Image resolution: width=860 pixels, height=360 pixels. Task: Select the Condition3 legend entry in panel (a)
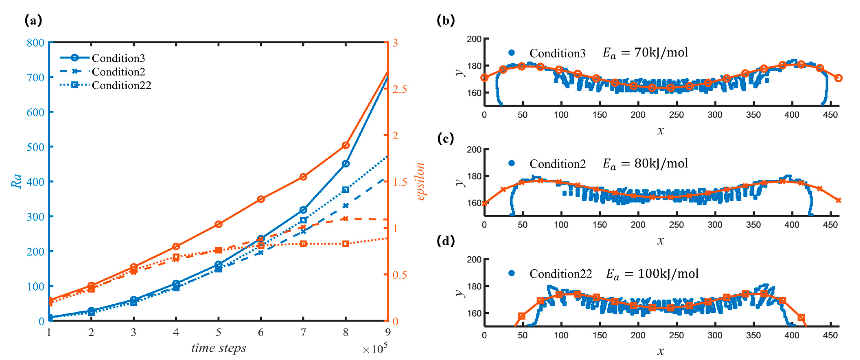(x=118, y=58)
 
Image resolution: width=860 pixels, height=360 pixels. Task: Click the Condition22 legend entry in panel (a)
(x=121, y=86)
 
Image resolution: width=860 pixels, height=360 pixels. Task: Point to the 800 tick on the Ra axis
(x=35, y=43)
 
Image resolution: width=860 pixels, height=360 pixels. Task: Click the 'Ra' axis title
(x=17, y=181)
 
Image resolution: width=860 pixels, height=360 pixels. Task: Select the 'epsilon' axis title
(x=420, y=181)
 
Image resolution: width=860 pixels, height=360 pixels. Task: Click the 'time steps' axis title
(x=219, y=348)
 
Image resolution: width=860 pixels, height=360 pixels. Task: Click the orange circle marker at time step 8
(x=346, y=145)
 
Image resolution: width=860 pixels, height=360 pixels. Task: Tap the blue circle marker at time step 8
(x=346, y=164)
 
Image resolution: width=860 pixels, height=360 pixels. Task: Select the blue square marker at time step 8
(x=346, y=190)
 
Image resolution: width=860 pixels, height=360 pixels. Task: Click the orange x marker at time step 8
(x=346, y=219)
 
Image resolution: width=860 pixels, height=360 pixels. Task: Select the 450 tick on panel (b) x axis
(x=830, y=115)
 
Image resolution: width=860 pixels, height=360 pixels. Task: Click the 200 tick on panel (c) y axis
(x=474, y=149)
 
